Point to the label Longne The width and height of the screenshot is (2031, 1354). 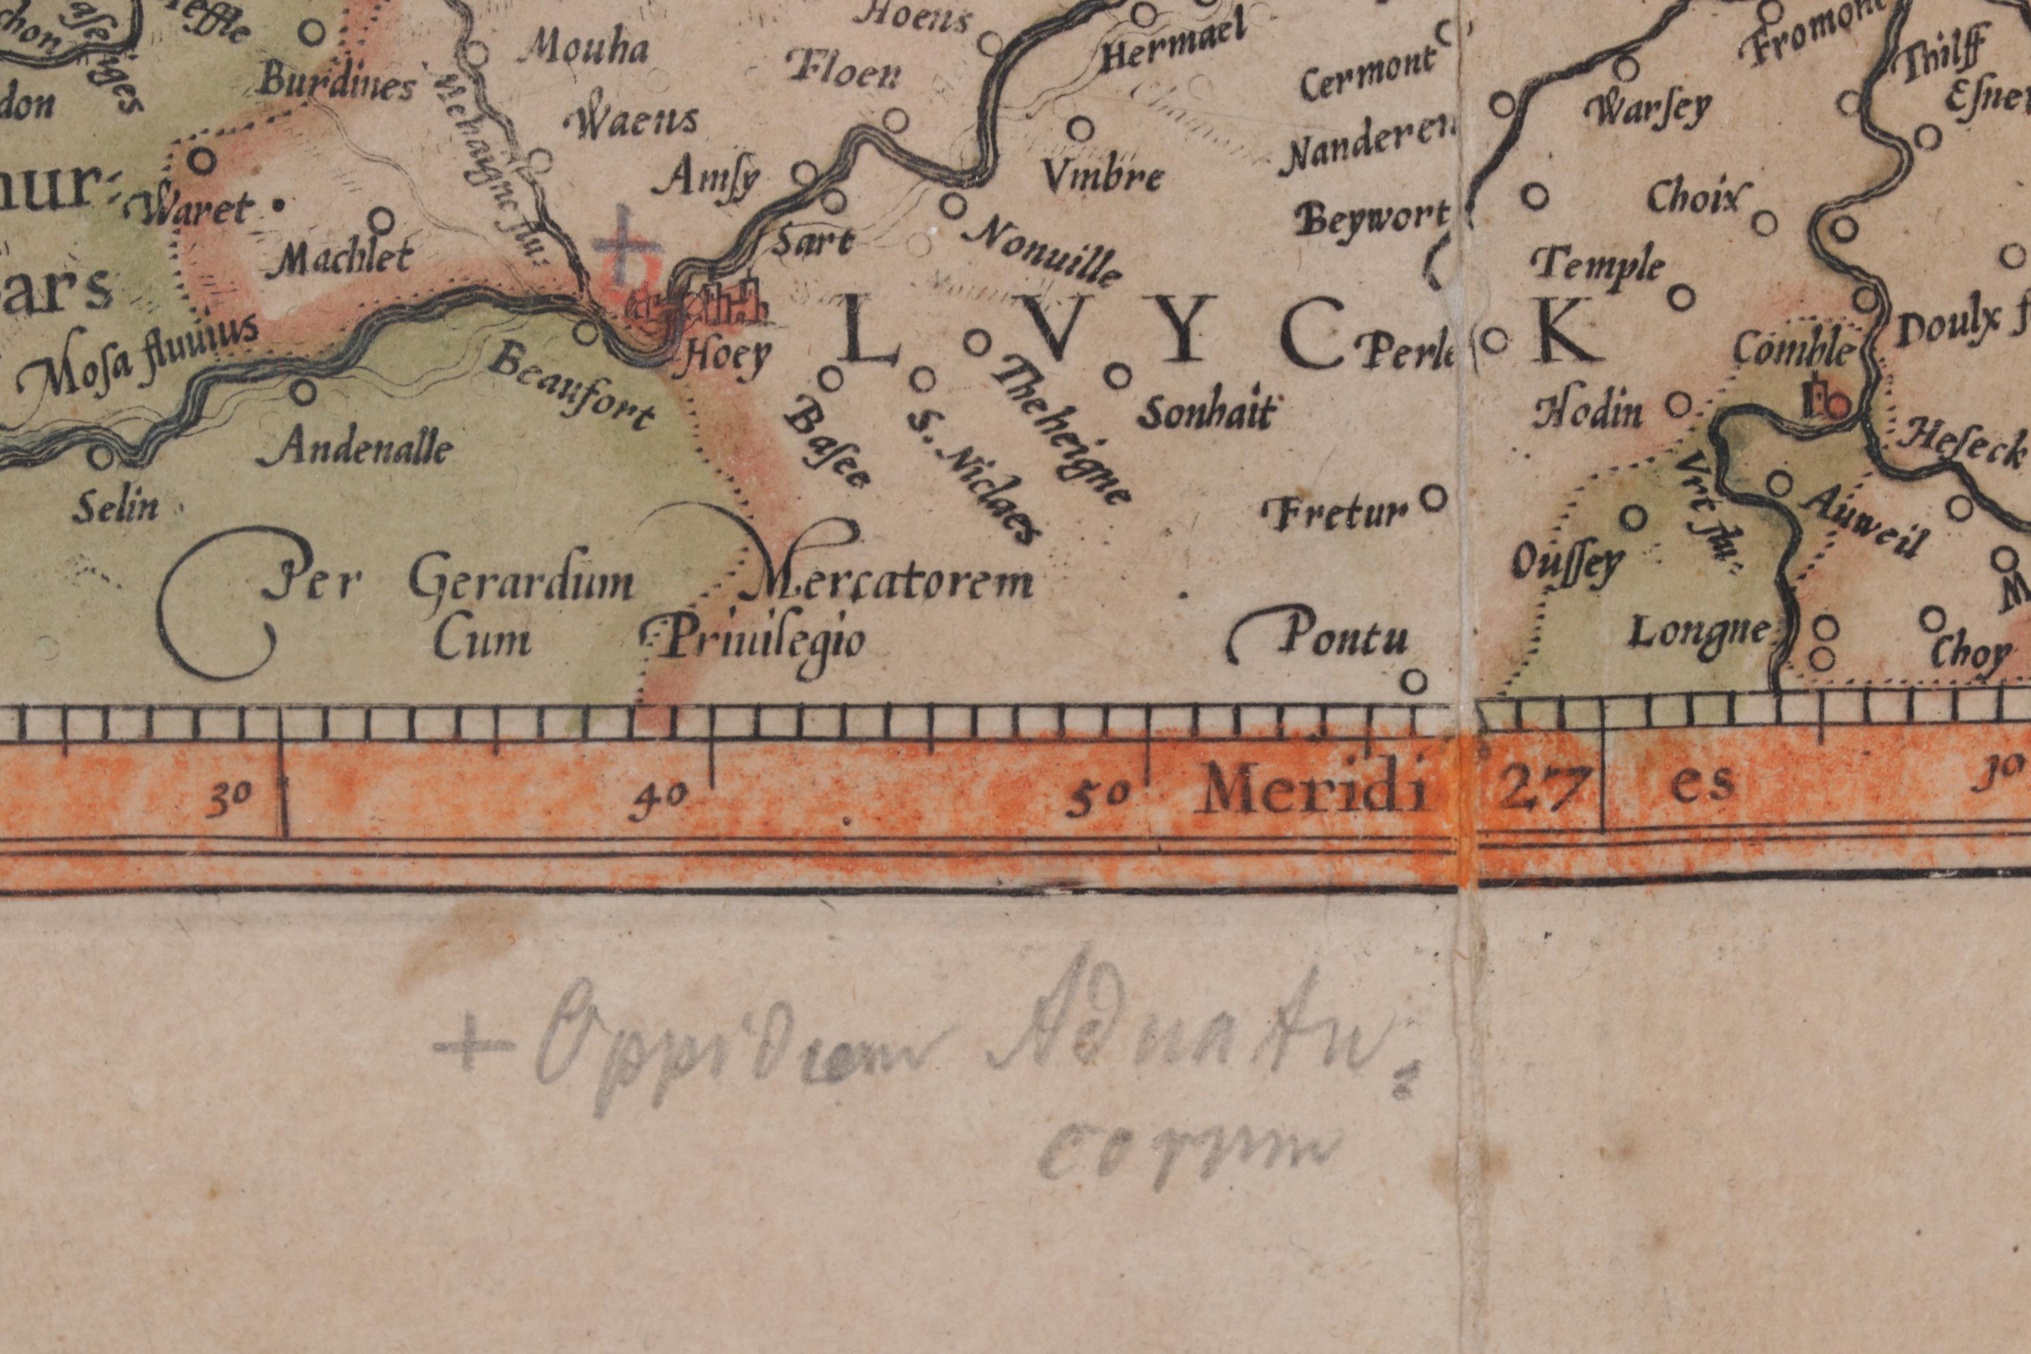click(1698, 635)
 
